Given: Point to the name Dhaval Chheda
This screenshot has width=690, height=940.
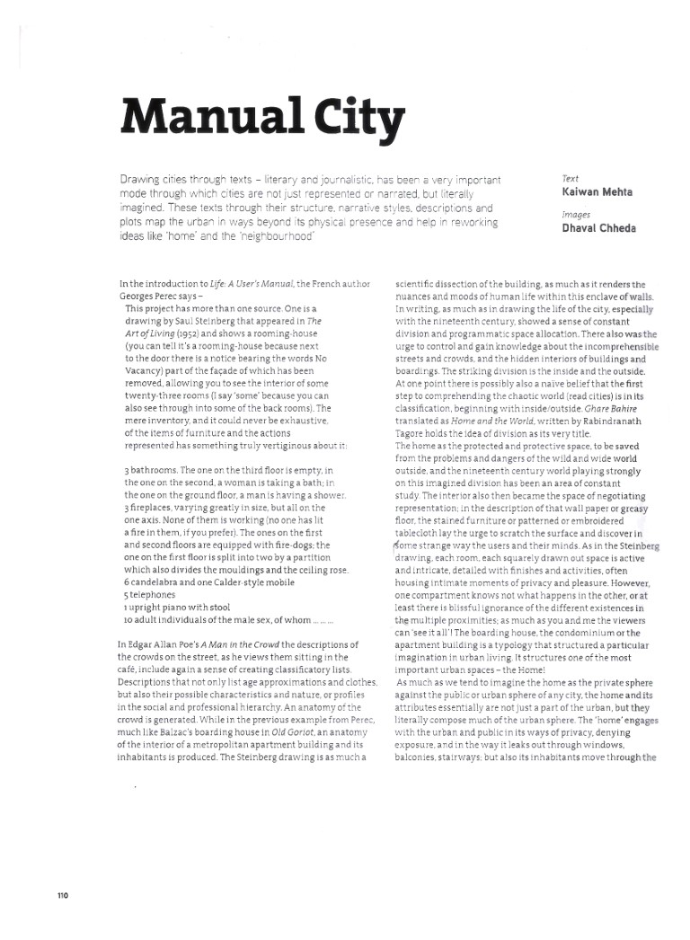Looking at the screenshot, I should point(598,228).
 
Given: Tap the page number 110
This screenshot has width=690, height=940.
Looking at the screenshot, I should point(62,895).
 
